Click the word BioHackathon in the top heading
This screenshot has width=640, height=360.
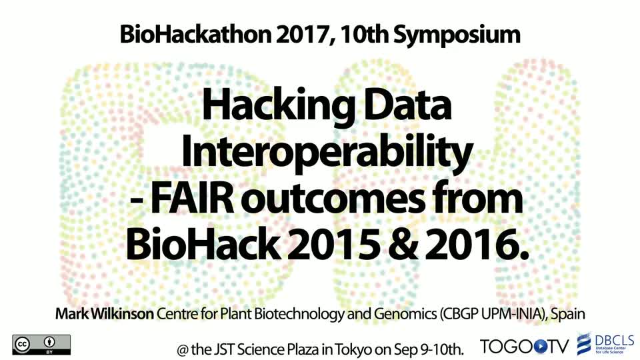point(195,35)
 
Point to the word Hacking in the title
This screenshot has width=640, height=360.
point(279,106)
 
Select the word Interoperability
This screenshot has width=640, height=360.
point(327,152)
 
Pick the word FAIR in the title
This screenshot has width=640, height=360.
point(193,199)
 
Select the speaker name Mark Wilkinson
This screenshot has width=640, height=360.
point(105,313)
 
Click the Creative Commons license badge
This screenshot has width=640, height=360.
point(41,345)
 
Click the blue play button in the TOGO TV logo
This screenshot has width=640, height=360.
point(540,347)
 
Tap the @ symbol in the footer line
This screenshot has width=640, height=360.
point(183,350)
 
